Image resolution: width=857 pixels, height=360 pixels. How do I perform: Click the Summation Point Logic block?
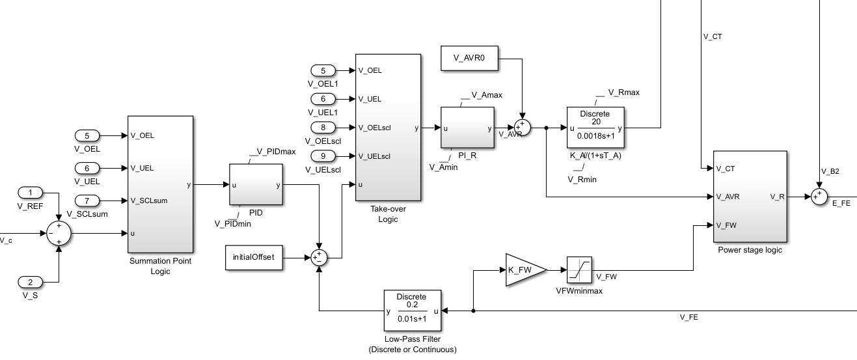click(x=160, y=184)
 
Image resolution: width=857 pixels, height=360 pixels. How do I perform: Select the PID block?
click(x=256, y=185)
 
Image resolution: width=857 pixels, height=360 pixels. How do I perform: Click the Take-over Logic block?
click(x=388, y=128)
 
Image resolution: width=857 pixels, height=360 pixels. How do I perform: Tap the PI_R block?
click(x=467, y=128)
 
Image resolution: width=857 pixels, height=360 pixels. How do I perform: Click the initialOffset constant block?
click(x=253, y=257)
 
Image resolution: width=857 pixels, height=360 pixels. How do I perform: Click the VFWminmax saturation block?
click(x=578, y=270)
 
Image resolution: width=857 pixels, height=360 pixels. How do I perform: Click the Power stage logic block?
click(x=750, y=196)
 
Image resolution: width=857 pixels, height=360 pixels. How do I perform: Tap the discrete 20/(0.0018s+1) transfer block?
click(x=595, y=128)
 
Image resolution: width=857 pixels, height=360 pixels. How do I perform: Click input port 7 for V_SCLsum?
click(x=87, y=200)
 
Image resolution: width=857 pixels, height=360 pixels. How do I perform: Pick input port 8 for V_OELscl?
click(x=323, y=127)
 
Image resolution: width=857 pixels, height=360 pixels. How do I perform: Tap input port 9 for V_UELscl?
click(x=323, y=156)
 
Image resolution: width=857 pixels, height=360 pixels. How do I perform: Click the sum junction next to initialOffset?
click(x=318, y=257)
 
